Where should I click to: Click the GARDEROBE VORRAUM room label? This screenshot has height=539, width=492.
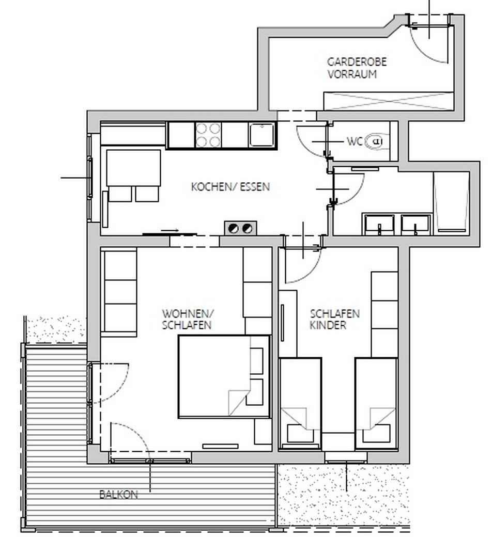tap(357, 68)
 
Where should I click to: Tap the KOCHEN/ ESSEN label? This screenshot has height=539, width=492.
tap(230, 187)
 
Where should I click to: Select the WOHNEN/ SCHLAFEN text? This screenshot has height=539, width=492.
tap(188, 320)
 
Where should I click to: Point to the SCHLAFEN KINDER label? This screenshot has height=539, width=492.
tap(334, 320)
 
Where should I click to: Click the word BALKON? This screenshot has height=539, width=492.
tap(118, 495)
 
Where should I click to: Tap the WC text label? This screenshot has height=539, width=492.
tap(355, 141)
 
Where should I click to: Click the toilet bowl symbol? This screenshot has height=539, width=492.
tap(376, 141)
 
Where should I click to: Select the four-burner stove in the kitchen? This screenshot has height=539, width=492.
tap(208, 135)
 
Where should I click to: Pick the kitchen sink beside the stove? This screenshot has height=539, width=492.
tap(262, 135)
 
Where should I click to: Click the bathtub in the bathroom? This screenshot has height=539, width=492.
tap(451, 201)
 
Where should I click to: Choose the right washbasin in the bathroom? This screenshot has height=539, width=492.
tap(416, 224)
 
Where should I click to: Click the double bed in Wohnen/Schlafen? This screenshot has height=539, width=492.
tap(224, 377)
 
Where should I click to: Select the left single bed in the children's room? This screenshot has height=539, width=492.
tap(300, 403)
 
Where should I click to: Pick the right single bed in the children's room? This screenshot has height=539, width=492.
tap(376, 403)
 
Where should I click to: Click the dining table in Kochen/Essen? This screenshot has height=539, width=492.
tap(133, 168)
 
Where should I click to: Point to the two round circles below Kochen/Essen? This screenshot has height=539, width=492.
tap(240, 228)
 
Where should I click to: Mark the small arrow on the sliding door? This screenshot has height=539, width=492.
tap(170, 230)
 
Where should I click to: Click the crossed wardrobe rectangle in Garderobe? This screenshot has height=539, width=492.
tap(389, 101)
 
